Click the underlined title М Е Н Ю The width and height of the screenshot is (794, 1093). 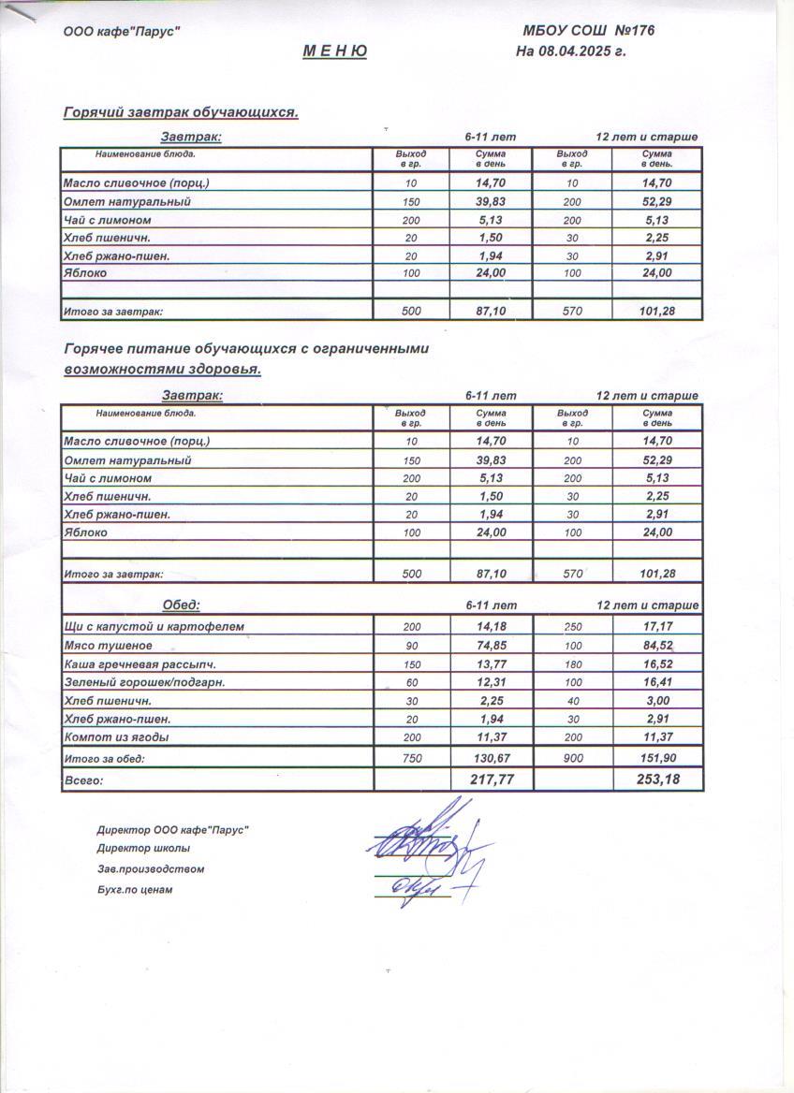click(x=334, y=51)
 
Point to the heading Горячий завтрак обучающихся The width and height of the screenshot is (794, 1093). click(x=181, y=112)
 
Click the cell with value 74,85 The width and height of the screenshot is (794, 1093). click(x=491, y=645)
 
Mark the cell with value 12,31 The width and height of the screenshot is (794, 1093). click(x=491, y=682)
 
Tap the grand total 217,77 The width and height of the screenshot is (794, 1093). click(x=491, y=779)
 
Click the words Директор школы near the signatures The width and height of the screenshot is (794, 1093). click(x=143, y=849)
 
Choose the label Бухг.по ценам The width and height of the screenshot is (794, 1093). click(x=135, y=890)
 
